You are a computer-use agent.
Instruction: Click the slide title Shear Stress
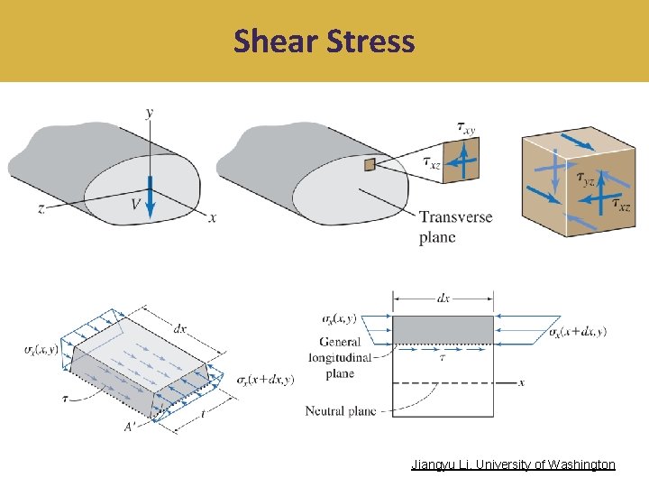[324, 41]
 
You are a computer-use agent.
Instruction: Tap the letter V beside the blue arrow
[135, 205]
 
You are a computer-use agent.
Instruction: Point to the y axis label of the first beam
[149, 112]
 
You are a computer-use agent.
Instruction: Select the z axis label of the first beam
[41, 207]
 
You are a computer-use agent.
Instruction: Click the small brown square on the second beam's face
[369, 164]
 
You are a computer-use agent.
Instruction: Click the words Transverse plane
[455, 227]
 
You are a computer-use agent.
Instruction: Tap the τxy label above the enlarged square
[466, 129]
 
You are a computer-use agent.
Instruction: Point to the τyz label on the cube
[586, 179]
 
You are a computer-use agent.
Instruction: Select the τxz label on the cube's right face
[621, 206]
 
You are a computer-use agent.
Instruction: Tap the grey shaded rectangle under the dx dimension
[443, 329]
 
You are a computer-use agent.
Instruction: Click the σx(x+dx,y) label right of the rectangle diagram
[577, 331]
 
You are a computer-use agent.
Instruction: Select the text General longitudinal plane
[340, 355]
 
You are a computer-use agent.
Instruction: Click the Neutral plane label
[341, 411]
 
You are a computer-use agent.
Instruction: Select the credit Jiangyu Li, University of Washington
[513, 464]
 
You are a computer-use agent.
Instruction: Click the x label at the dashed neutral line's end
[521, 382]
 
